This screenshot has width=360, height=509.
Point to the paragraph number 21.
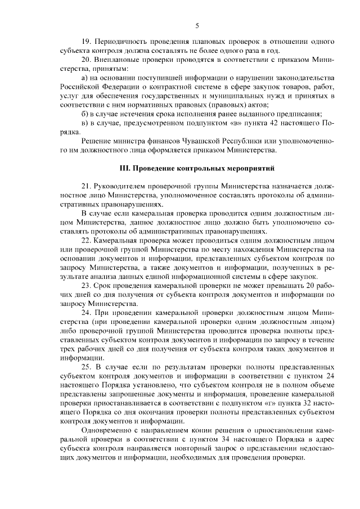(86, 185)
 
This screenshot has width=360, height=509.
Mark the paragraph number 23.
(86, 285)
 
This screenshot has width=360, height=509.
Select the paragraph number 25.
(86, 367)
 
